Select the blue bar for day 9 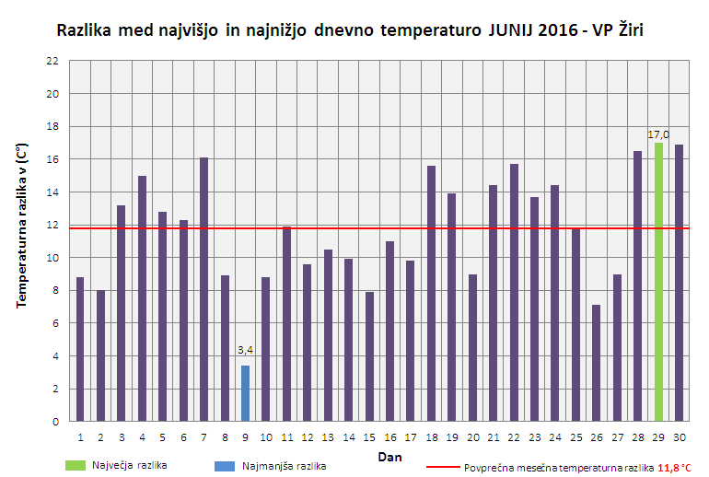coord(245,393)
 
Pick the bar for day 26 coord(597,363)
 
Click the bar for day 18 coord(431,293)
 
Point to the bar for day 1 coord(80,349)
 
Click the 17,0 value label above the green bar coord(658,134)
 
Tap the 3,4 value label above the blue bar coord(245,350)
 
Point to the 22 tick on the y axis coord(52,61)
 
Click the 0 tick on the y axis coord(55,422)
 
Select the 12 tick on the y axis coord(52,225)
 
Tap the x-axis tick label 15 coord(369,436)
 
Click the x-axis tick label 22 coord(514,436)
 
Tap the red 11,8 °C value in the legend coord(674,468)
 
